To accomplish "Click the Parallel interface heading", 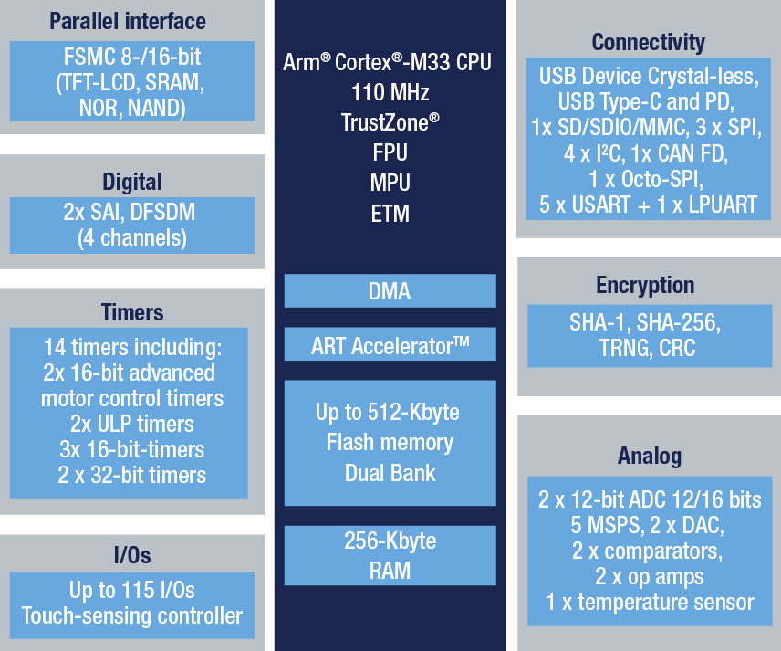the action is click(128, 21).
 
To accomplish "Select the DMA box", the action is click(390, 290).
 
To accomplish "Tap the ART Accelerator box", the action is click(390, 344).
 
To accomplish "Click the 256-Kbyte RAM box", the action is click(390, 555).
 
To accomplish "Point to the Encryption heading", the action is click(645, 286).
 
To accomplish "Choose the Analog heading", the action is click(650, 457).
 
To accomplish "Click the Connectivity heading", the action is click(648, 43).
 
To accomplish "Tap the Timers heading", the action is click(132, 312).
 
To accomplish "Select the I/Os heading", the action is click(132, 555).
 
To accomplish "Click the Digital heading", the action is click(132, 182).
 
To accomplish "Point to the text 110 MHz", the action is click(390, 93).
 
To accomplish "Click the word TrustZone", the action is click(384, 122).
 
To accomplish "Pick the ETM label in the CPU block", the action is click(390, 214).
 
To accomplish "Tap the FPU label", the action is click(390, 153).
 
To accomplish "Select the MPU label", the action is click(390, 183).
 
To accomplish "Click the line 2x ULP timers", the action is click(132, 425).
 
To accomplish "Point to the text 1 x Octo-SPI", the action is click(646, 179).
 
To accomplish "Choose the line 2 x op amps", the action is click(650, 577).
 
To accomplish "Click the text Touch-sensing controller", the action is click(132, 616).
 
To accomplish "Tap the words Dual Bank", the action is click(390, 473).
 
